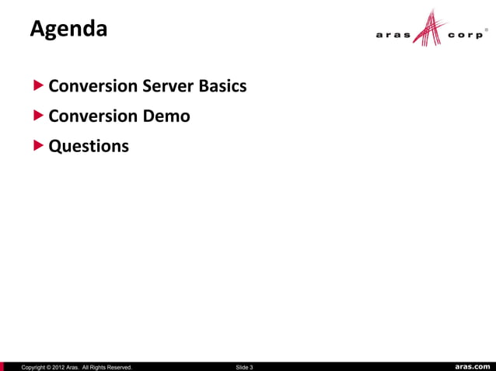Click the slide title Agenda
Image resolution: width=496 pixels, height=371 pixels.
click(68, 30)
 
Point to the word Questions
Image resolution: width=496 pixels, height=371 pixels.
click(89, 146)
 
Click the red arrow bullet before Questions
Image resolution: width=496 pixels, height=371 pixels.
click(39, 145)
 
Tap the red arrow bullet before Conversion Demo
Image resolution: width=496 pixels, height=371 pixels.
click(39, 116)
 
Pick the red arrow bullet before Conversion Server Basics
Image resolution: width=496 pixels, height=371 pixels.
click(39, 85)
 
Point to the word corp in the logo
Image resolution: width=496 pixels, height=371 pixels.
click(465, 35)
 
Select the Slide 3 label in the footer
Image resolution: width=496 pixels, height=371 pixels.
click(244, 366)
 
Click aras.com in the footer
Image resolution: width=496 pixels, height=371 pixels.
click(473, 366)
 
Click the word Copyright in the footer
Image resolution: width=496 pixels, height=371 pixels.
click(36, 366)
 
